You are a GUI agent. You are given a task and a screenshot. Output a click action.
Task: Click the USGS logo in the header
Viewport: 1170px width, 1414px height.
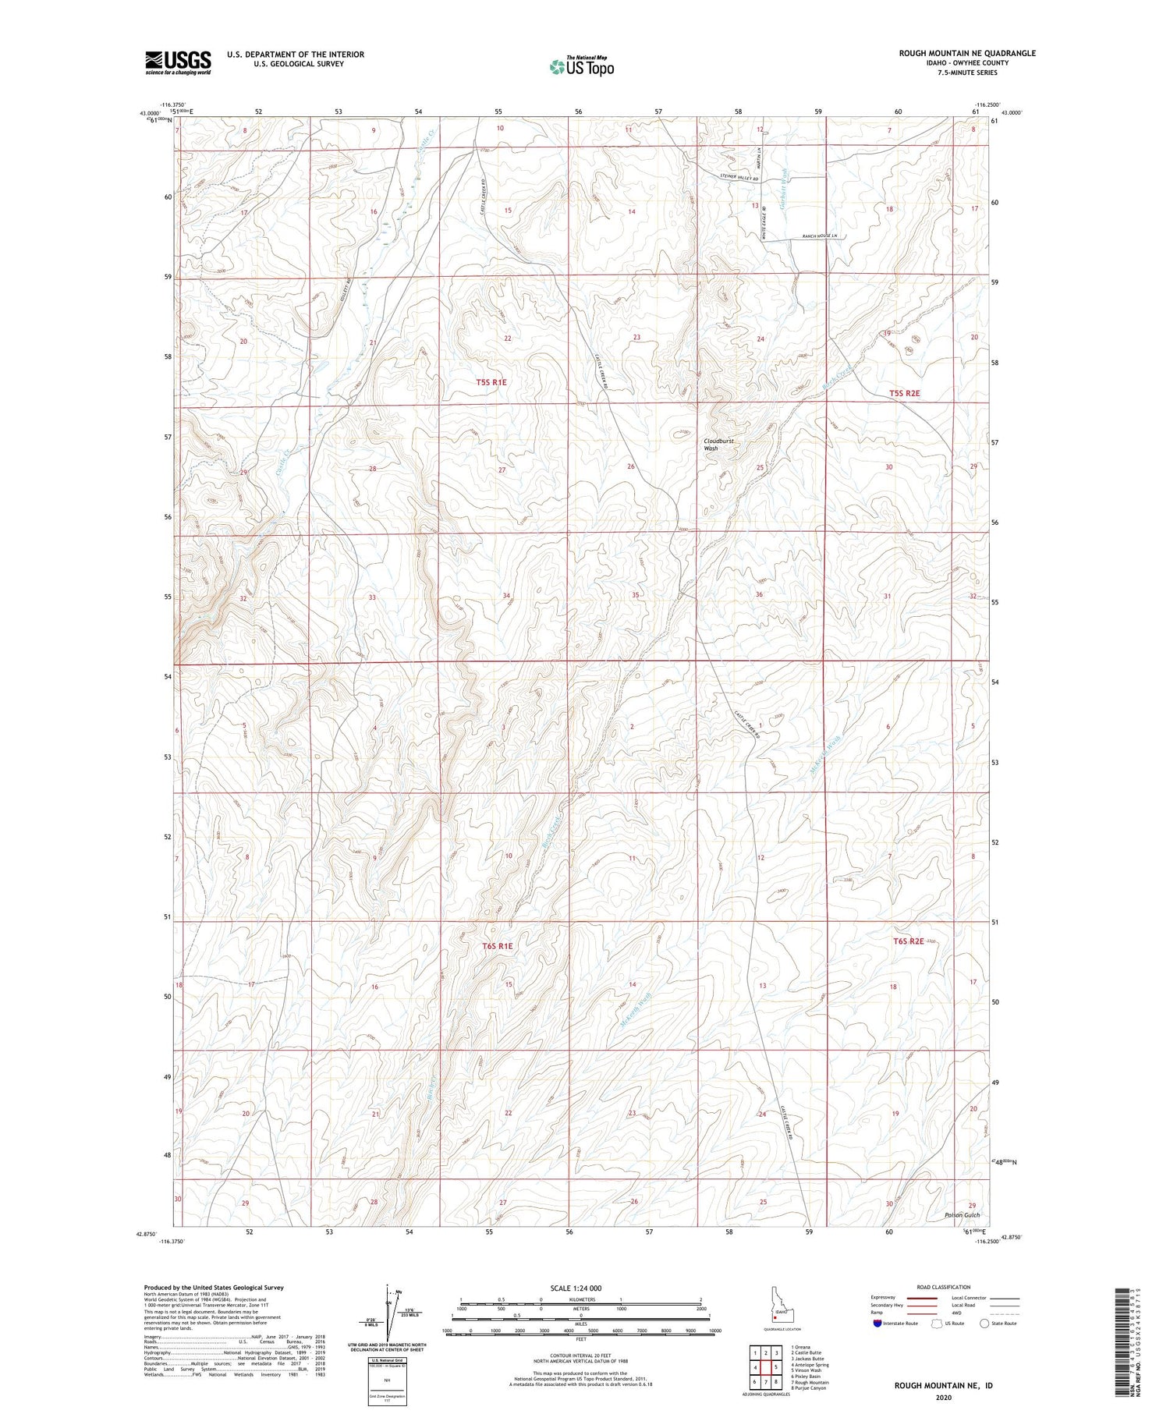pos(178,62)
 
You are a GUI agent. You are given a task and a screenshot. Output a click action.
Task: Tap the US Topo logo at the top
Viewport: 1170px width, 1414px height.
pos(582,66)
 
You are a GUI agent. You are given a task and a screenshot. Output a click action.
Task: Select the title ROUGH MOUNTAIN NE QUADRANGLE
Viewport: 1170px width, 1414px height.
pos(967,53)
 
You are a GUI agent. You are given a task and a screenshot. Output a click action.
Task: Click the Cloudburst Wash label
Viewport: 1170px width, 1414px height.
pos(718,445)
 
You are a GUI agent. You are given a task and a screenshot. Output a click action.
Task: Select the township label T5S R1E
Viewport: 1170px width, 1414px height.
pos(491,382)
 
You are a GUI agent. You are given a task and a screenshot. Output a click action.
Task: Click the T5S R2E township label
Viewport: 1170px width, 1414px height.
pos(905,393)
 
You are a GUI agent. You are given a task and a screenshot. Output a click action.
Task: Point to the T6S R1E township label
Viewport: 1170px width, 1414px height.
pos(498,946)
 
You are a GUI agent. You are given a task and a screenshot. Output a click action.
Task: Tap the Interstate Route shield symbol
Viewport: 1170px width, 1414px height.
pos(877,1324)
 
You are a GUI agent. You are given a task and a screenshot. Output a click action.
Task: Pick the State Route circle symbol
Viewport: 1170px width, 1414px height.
pos(985,1323)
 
